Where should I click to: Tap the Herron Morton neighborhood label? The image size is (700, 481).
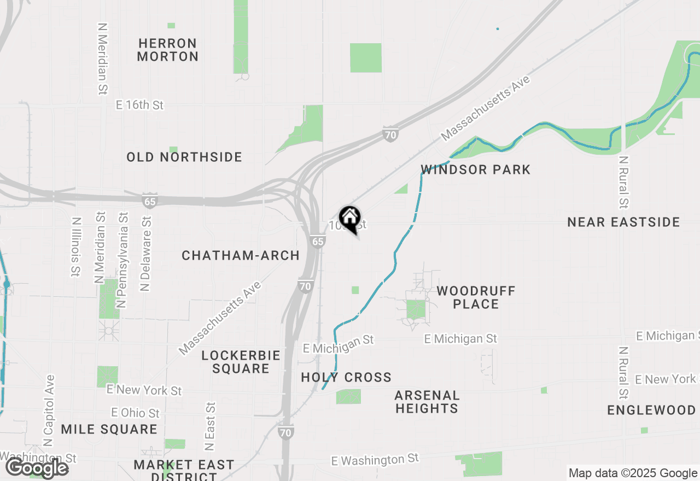click(x=167, y=50)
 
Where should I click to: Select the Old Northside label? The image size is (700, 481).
click(x=184, y=157)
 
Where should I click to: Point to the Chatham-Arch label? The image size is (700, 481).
click(x=241, y=255)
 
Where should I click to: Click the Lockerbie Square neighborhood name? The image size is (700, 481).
click(x=241, y=362)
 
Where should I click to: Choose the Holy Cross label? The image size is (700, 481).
click(x=346, y=377)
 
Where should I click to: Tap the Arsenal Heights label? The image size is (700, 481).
click(x=427, y=402)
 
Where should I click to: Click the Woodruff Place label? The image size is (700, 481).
click(x=476, y=297)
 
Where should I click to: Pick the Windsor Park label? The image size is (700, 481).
click(x=476, y=169)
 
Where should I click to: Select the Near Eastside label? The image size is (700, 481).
click(x=623, y=222)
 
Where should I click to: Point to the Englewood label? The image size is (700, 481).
click(x=651, y=410)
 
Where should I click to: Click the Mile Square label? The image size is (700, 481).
click(x=109, y=429)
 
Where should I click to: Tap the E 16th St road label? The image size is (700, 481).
click(x=140, y=104)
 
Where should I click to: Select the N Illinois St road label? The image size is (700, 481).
click(x=75, y=247)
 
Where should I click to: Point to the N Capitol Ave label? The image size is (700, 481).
click(x=49, y=410)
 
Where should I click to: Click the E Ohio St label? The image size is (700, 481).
click(x=135, y=413)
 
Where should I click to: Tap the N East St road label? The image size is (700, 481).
click(x=209, y=426)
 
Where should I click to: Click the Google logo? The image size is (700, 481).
click(x=37, y=468)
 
